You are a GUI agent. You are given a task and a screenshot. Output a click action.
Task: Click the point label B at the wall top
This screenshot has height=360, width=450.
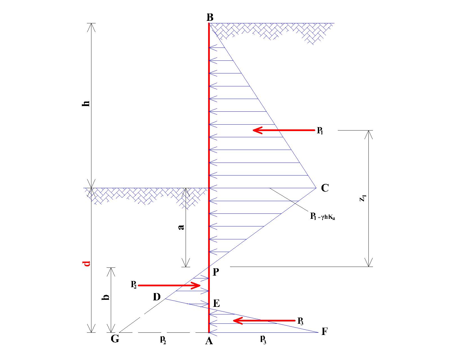click(x=210, y=17)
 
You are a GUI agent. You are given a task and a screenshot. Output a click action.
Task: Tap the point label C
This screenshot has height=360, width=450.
click(x=325, y=188)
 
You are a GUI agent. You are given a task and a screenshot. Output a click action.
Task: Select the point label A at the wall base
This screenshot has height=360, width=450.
click(x=209, y=341)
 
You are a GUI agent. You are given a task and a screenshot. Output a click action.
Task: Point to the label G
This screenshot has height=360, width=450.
click(x=115, y=339)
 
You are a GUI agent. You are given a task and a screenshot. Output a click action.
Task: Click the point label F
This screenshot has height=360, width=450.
click(x=324, y=332)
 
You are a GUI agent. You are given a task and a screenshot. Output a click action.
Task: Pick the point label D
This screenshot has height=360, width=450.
click(x=157, y=297)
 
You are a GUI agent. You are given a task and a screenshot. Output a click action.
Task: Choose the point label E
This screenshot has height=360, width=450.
click(x=216, y=303)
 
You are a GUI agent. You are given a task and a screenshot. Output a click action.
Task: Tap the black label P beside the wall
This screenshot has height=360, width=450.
click(x=216, y=272)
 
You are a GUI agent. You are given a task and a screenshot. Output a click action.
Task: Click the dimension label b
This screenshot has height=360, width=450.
click(x=105, y=297)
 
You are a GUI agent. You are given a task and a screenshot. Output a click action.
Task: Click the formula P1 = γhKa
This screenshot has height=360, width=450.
click(x=322, y=216)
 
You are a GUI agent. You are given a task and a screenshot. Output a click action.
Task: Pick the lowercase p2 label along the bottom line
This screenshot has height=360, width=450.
click(x=163, y=340)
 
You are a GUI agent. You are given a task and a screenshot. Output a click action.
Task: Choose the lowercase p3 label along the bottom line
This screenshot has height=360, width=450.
click(x=263, y=340)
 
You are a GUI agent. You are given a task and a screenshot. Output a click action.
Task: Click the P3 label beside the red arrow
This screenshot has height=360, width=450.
click(x=300, y=321)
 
